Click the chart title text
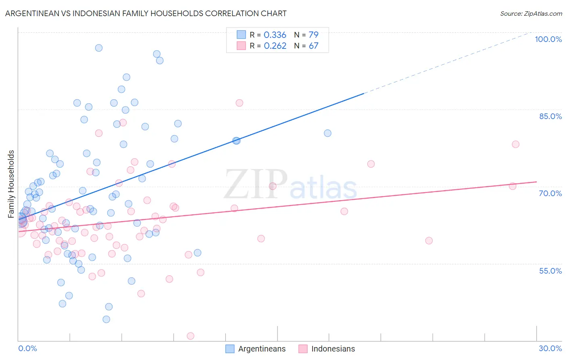click(x=146, y=13)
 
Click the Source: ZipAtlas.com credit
click(x=531, y=14)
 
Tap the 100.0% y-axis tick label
click(x=548, y=39)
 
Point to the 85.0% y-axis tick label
click(x=550, y=116)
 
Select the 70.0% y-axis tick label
click(x=550, y=193)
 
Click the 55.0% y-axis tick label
click(x=550, y=271)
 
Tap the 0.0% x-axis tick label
click(x=27, y=348)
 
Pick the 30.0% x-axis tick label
click(x=550, y=348)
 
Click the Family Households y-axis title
click(x=11, y=184)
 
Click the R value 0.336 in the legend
click(x=275, y=35)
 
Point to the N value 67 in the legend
click(x=313, y=46)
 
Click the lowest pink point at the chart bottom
click(x=190, y=336)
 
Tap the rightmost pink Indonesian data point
click(x=515, y=144)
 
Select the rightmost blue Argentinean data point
click(x=327, y=133)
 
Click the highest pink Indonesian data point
click(x=240, y=103)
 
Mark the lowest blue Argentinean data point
click(x=106, y=319)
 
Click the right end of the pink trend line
click(x=536, y=182)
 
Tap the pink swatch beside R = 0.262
click(x=241, y=46)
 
